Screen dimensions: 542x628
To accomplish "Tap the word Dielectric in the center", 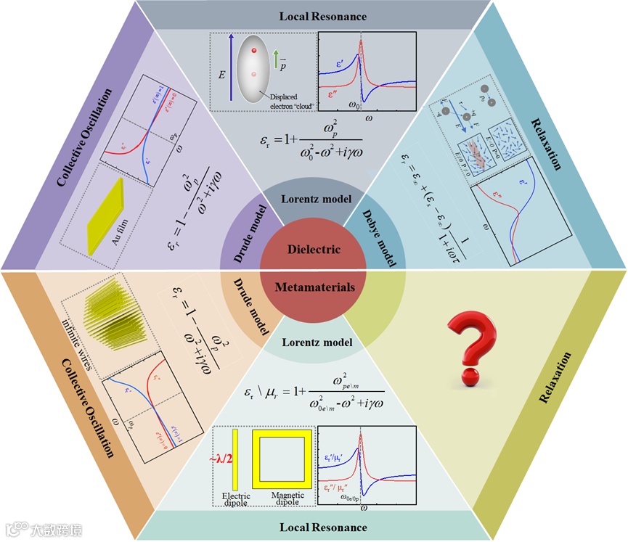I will click(314, 249).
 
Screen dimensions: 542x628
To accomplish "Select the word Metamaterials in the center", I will click(314, 287).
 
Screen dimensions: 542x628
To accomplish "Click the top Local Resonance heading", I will click(314, 15).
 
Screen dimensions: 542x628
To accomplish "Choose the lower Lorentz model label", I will click(314, 342).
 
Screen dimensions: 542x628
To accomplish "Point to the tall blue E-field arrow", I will click(230, 67).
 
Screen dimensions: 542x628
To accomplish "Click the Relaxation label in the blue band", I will click(546, 131).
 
